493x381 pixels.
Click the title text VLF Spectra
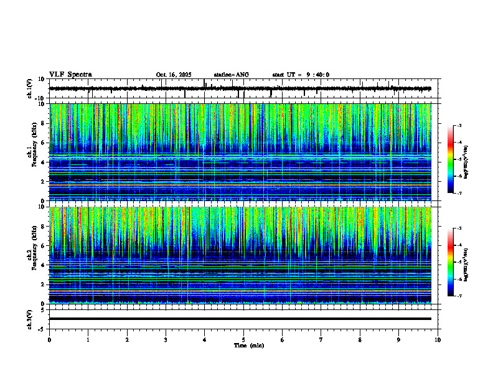point(70,75)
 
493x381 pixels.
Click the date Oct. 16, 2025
point(174,75)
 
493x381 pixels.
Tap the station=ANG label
point(231,75)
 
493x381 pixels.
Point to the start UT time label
point(301,75)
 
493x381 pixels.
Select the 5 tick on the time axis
point(243,339)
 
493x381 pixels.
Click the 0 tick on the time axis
point(49,339)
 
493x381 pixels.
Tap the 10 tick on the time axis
point(438,339)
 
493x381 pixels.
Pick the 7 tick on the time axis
point(321,339)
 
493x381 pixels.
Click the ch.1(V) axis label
point(29,88)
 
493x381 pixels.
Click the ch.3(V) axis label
point(29,318)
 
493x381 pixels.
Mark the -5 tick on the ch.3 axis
point(44,328)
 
